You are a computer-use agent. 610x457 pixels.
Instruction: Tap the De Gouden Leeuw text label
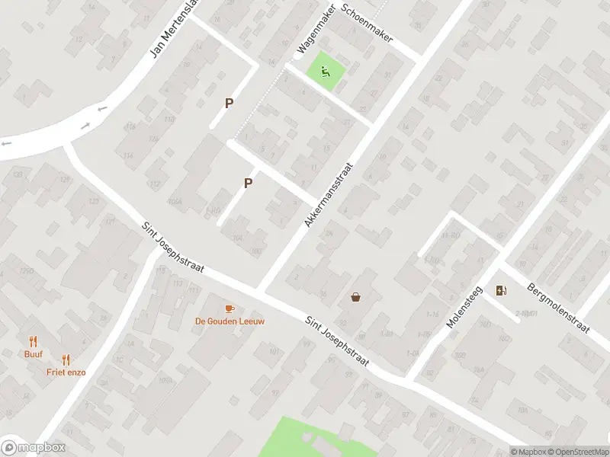point(230,321)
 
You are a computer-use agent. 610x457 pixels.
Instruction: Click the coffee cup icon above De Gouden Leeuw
point(230,308)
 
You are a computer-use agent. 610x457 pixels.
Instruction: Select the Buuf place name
point(33,354)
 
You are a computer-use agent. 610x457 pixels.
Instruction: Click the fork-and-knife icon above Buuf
point(33,341)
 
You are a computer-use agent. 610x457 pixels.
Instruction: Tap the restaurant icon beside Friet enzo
point(66,360)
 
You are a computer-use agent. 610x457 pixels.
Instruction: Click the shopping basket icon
point(356,297)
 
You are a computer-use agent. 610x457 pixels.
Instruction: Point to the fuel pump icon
point(500,290)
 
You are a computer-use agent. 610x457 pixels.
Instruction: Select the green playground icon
point(326,73)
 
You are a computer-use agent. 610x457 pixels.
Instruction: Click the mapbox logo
point(34,448)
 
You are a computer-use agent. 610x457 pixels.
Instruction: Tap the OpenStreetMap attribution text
point(577,452)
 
